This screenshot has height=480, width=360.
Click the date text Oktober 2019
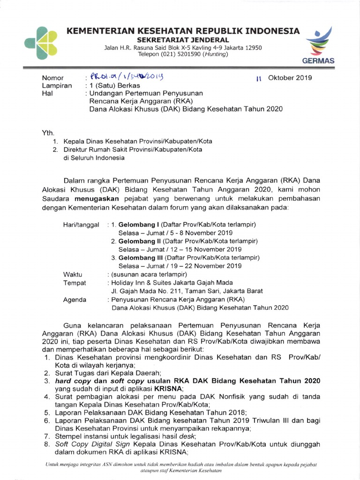pyautogui.click(x=289, y=77)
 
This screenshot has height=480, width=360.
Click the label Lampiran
pyautogui.click(x=57, y=86)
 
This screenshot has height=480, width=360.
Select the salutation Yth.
pyautogui.click(x=49, y=133)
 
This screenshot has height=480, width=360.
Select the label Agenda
pyautogui.click(x=75, y=300)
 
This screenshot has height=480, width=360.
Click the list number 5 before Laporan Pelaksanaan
pyautogui.click(x=47, y=412)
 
